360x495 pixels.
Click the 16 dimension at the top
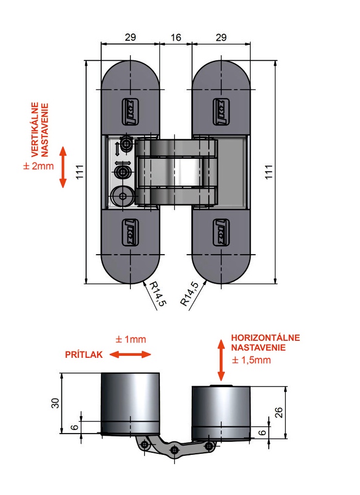(175, 38)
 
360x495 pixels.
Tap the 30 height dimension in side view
(55, 403)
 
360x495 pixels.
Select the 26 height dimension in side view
(279, 412)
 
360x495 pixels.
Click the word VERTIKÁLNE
(35, 129)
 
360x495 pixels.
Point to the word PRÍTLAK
(84, 355)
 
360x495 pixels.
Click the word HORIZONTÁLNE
(265, 337)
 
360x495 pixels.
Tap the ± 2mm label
(39, 166)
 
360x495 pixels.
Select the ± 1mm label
(130, 339)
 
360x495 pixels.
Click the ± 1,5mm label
(251, 360)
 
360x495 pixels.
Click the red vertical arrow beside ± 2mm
(63, 167)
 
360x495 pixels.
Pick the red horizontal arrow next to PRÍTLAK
(130, 355)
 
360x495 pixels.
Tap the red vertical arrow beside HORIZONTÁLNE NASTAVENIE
(221, 360)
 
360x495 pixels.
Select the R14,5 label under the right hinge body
(189, 293)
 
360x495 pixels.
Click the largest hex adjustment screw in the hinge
(123, 196)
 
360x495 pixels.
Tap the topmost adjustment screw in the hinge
(127, 144)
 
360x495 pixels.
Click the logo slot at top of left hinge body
(130, 112)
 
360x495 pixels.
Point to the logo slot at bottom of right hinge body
(221, 233)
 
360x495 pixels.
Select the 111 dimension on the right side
(268, 172)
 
